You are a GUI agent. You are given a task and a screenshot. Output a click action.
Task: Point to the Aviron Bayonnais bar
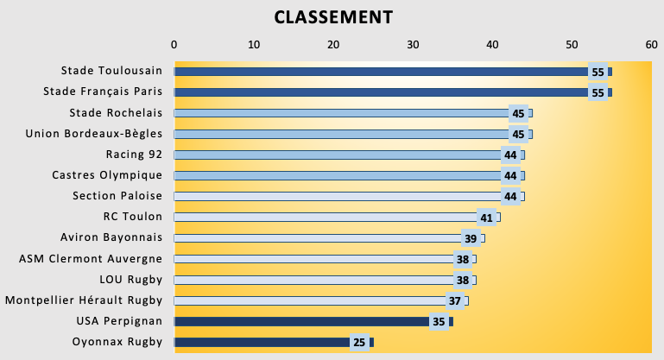point(319,238)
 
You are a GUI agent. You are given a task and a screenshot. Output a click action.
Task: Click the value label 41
point(487,218)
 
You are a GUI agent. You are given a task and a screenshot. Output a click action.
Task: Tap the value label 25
point(359,342)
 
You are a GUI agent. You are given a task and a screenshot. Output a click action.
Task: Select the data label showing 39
point(471,238)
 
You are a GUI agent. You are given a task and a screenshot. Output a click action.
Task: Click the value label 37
point(455,300)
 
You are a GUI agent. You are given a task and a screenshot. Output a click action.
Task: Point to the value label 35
point(439,321)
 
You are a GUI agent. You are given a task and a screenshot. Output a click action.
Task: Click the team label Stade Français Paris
point(103,92)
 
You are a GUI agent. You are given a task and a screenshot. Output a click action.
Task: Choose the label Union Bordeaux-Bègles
point(94,134)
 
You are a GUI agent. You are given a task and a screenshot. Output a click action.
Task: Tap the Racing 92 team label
point(134,155)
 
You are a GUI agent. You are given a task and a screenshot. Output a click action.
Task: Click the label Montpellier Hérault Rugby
point(84,300)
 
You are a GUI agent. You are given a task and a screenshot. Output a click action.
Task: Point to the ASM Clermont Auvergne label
point(91,258)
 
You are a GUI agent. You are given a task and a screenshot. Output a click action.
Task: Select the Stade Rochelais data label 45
point(518,113)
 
